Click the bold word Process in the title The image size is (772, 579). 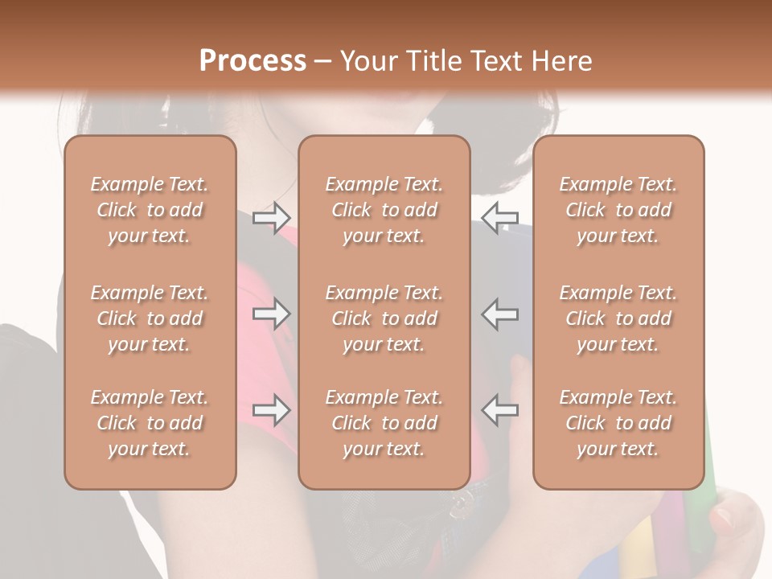pyautogui.click(x=253, y=61)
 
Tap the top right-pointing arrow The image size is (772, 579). pyautogui.click(x=271, y=217)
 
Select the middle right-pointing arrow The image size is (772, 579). pyautogui.click(x=271, y=314)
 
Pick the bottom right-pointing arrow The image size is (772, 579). pyautogui.click(x=271, y=410)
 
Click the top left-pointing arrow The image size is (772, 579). pyautogui.click(x=499, y=217)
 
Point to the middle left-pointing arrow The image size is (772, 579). pyautogui.click(x=499, y=314)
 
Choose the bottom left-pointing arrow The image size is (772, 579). pyautogui.click(x=499, y=410)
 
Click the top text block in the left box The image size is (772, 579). pyautogui.click(x=150, y=210)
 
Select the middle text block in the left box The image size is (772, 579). pyautogui.click(x=150, y=318)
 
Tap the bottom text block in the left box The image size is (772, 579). pyautogui.click(x=150, y=423)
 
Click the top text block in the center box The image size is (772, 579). pyautogui.click(x=384, y=210)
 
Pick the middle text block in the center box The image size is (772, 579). pyautogui.click(x=384, y=318)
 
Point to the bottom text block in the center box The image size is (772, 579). pyautogui.click(x=384, y=423)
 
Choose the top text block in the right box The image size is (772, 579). pyautogui.click(x=618, y=210)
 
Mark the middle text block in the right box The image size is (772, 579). pyautogui.click(x=618, y=318)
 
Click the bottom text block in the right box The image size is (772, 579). pyautogui.click(x=618, y=423)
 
